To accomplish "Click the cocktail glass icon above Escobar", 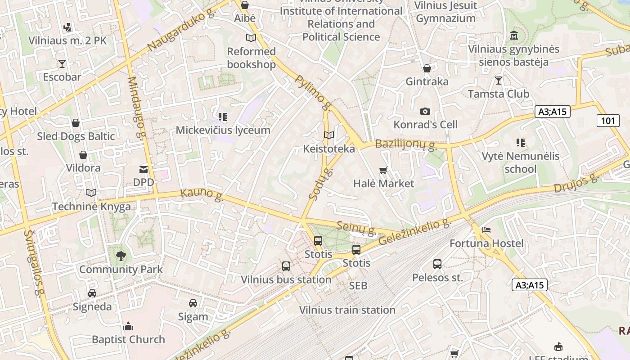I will pyautogui.click(x=62, y=64).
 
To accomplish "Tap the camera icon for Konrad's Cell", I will pyautogui.click(x=425, y=111).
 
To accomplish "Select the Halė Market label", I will pyautogui.click(x=383, y=184).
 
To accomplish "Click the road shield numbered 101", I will pyautogui.click(x=607, y=120).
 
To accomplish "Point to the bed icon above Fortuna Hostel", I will pyautogui.click(x=486, y=230).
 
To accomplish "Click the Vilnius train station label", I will pyautogui.click(x=347, y=310).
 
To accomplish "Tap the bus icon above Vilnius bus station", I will pyautogui.click(x=286, y=266).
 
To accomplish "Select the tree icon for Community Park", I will pyautogui.click(x=121, y=256).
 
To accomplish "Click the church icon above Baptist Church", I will pyautogui.click(x=128, y=326).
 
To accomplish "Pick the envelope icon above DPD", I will pyautogui.click(x=144, y=169).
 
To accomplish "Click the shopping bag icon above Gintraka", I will pyautogui.click(x=427, y=68).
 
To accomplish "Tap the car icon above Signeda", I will pyautogui.click(x=92, y=293).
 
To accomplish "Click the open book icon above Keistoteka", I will pyautogui.click(x=329, y=135).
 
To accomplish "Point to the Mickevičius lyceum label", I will pyautogui.click(x=223, y=130).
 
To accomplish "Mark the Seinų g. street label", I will pyautogui.click(x=357, y=228).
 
